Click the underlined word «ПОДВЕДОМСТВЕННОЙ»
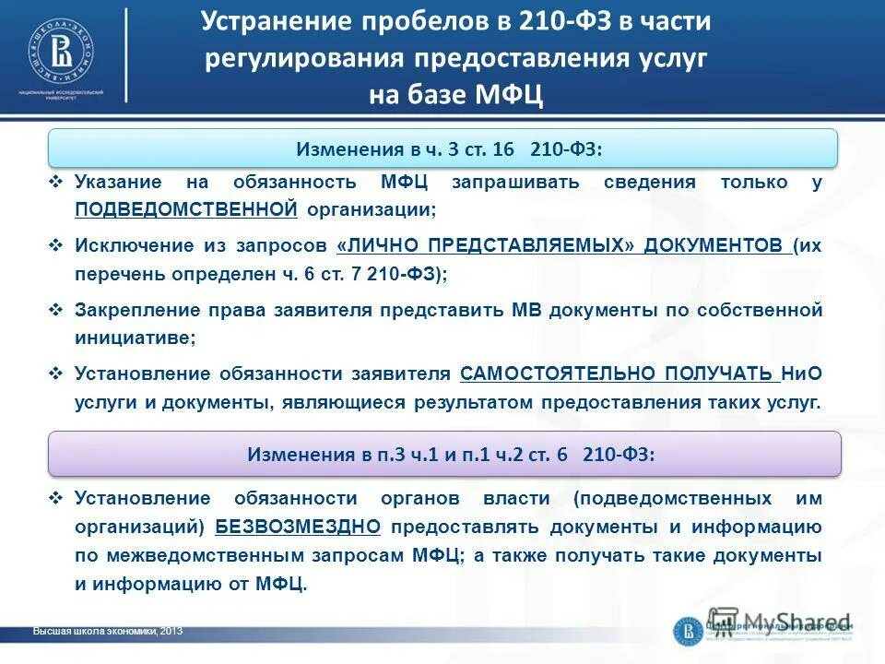(x=186, y=209)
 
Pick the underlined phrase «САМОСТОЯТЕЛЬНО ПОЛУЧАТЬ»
(x=616, y=373)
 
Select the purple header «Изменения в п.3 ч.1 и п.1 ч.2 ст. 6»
(x=444, y=454)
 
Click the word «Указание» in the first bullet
(x=118, y=182)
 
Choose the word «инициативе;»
(x=135, y=338)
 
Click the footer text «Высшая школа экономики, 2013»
(x=107, y=632)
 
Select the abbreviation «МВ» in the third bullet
(x=525, y=310)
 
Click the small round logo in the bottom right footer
(x=688, y=631)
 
